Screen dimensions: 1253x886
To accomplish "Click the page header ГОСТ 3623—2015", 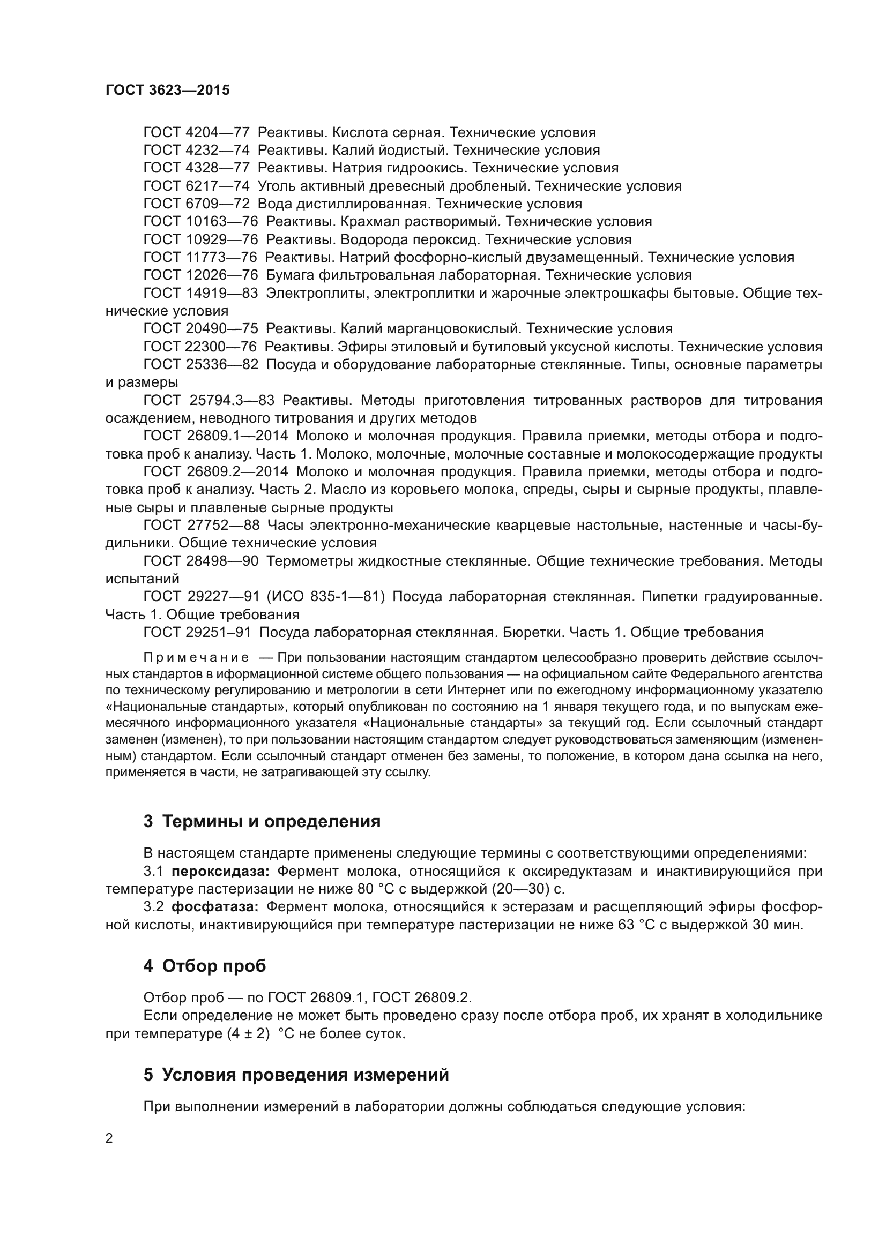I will coord(168,91).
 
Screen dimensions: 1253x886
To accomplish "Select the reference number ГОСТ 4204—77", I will coord(197,133).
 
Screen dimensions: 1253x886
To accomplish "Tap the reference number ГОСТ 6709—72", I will coord(197,204).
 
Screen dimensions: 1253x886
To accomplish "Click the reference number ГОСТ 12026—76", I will coord(200,275).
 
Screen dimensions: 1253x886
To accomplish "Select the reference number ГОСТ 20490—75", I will coord(200,328).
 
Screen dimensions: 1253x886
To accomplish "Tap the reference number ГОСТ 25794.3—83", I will coord(209,401).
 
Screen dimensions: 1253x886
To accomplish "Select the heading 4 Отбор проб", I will coord(205,966).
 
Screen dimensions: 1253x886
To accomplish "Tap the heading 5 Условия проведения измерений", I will coord(296,1075).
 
